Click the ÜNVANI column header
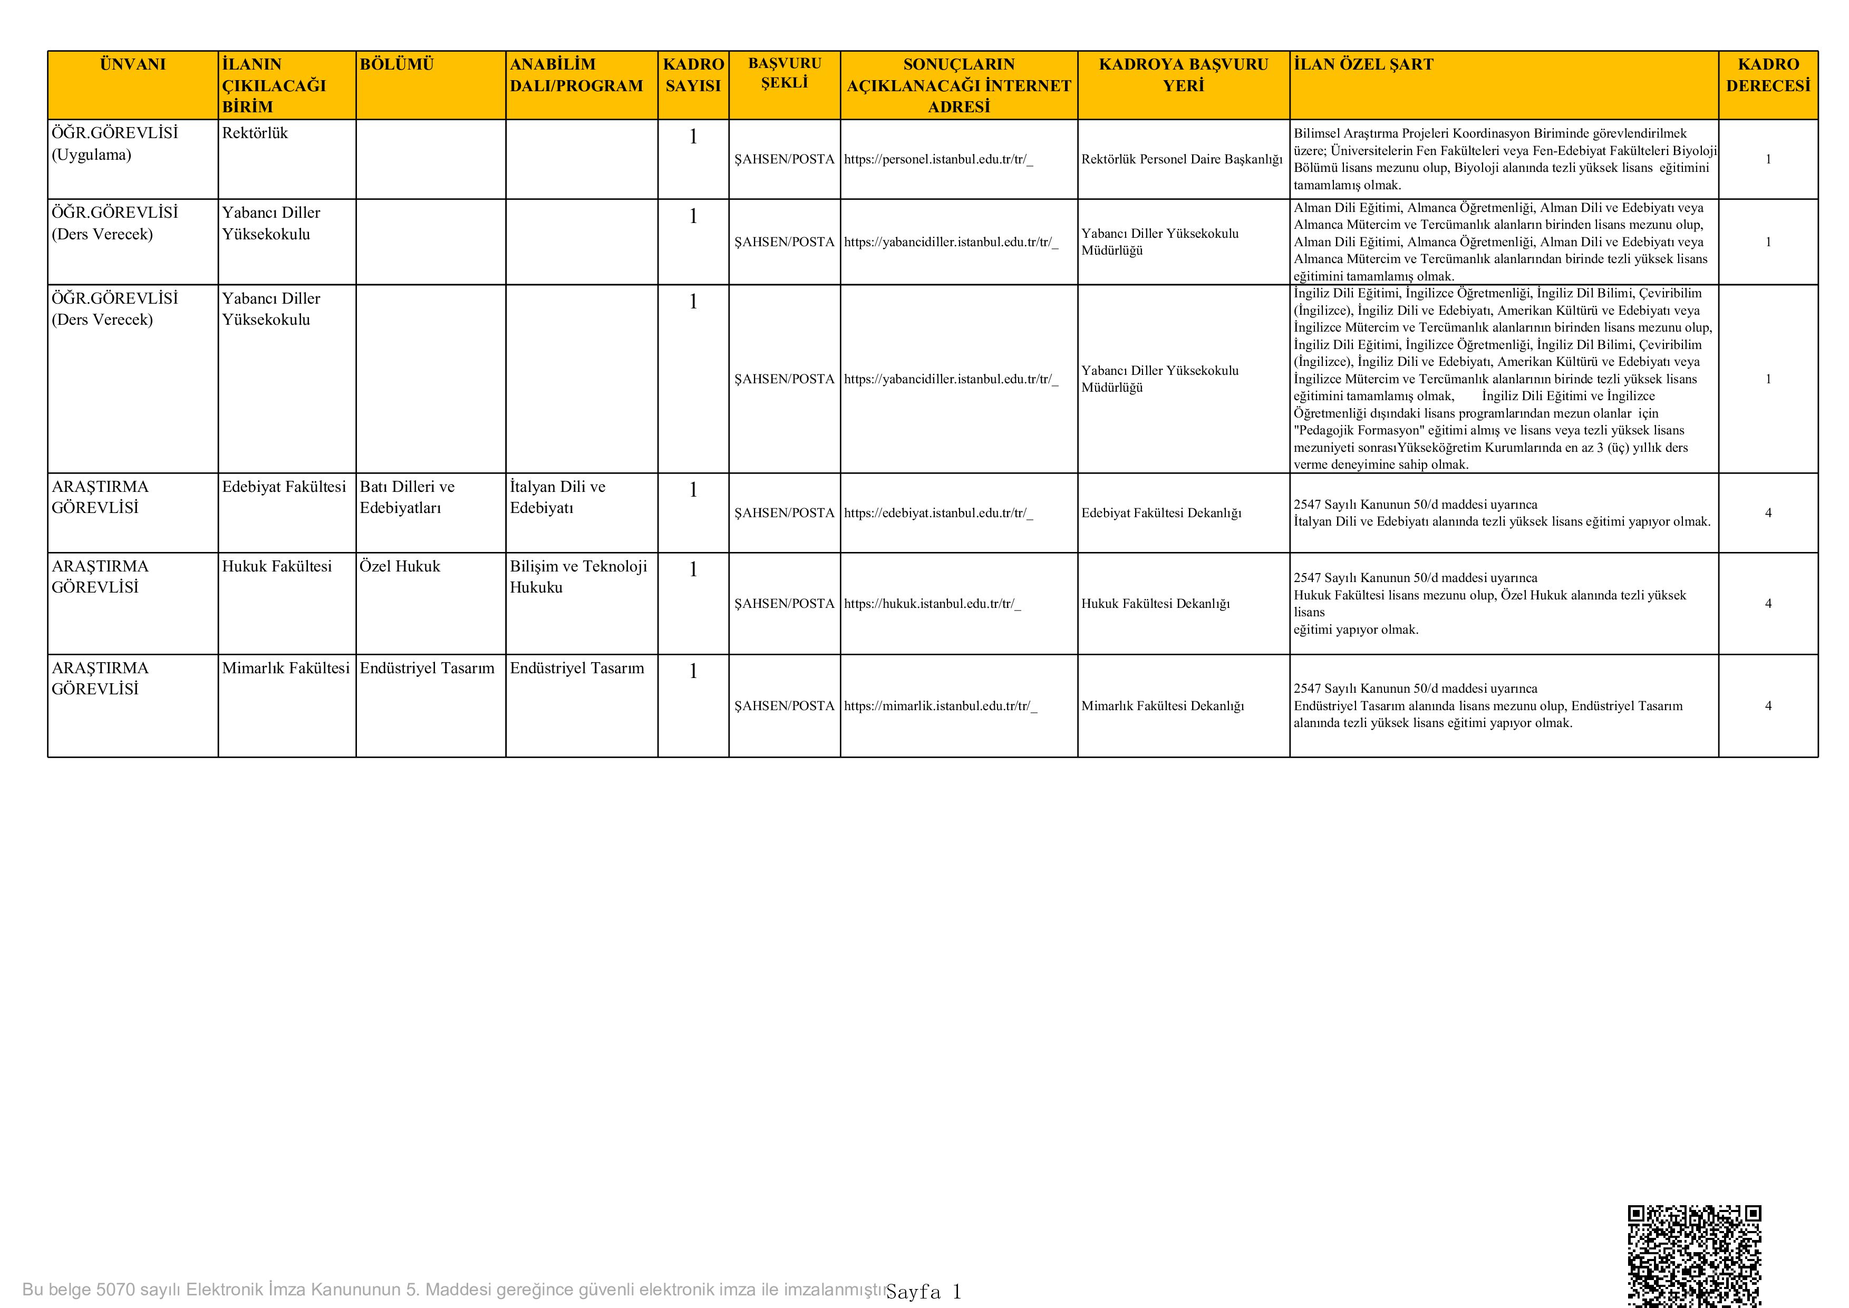(x=133, y=64)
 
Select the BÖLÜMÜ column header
(x=396, y=64)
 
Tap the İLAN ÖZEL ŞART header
(x=1363, y=64)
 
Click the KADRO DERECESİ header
(x=1768, y=75)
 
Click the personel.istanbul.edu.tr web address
(x=938, y=159)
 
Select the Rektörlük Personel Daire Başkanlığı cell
(x=1182, y=159)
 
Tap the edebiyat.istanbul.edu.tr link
(x=938, y=513)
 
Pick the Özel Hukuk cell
(x=400, y=566)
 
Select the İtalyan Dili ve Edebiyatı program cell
(x=557, y=497)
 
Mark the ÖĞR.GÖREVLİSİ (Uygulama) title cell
(x=114, y=144)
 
